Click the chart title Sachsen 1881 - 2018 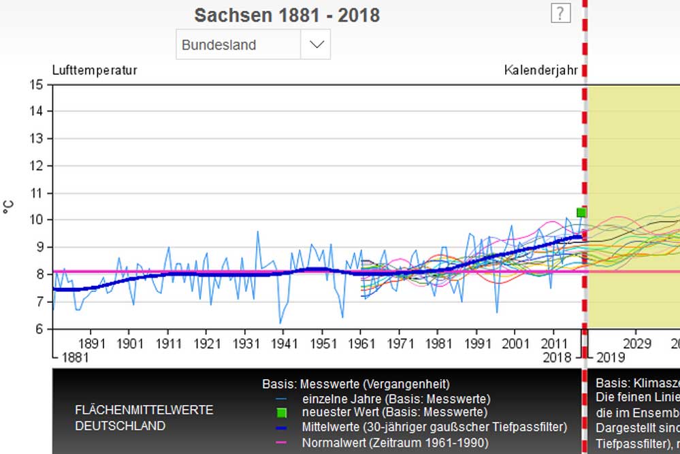click(287, 15)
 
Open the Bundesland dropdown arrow click(316, 45)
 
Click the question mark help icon click(560, 12)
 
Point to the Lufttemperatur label click(95, 69)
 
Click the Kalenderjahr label click(540, 69)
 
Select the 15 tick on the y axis click(37, 84)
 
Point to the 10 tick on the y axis click(37, 220)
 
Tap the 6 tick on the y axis click(39, 329)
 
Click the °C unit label click(9, 207)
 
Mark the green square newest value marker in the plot click(581, 212)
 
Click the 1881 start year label click(74, 357)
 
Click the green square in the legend click(282, 412)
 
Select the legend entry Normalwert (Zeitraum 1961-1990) click(395, 442)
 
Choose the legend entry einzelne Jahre click(395, 398)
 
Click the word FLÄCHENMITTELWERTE click(144, 410)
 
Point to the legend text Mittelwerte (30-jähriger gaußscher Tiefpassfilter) click(434, 427)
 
